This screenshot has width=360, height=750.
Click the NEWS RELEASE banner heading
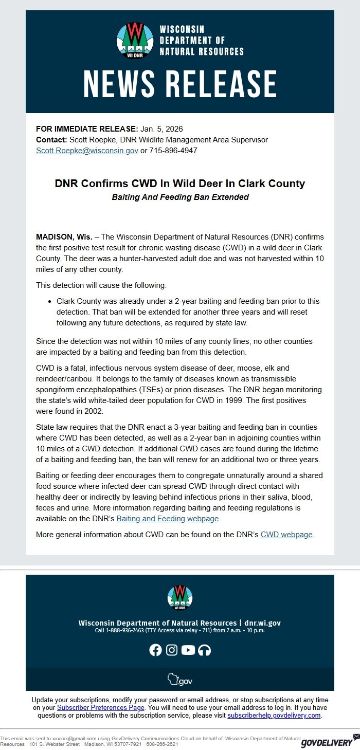point(180,84)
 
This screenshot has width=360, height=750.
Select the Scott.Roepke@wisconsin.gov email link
point(87,151)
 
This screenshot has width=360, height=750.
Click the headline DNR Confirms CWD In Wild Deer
point(180,184)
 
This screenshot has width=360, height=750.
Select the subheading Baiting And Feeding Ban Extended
point(180,197)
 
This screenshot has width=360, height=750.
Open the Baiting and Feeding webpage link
point(168,519)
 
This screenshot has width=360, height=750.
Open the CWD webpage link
point(286,535)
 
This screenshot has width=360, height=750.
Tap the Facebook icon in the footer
point(155,650)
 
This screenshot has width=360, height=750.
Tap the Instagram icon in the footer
point(172,650)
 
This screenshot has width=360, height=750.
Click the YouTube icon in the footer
point(188,650)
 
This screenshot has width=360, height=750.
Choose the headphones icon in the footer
point(205,650)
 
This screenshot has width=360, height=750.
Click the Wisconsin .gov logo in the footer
point(180,680)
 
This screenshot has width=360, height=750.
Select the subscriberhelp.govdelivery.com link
point(274,716)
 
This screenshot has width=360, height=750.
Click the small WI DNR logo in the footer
point(180,597)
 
